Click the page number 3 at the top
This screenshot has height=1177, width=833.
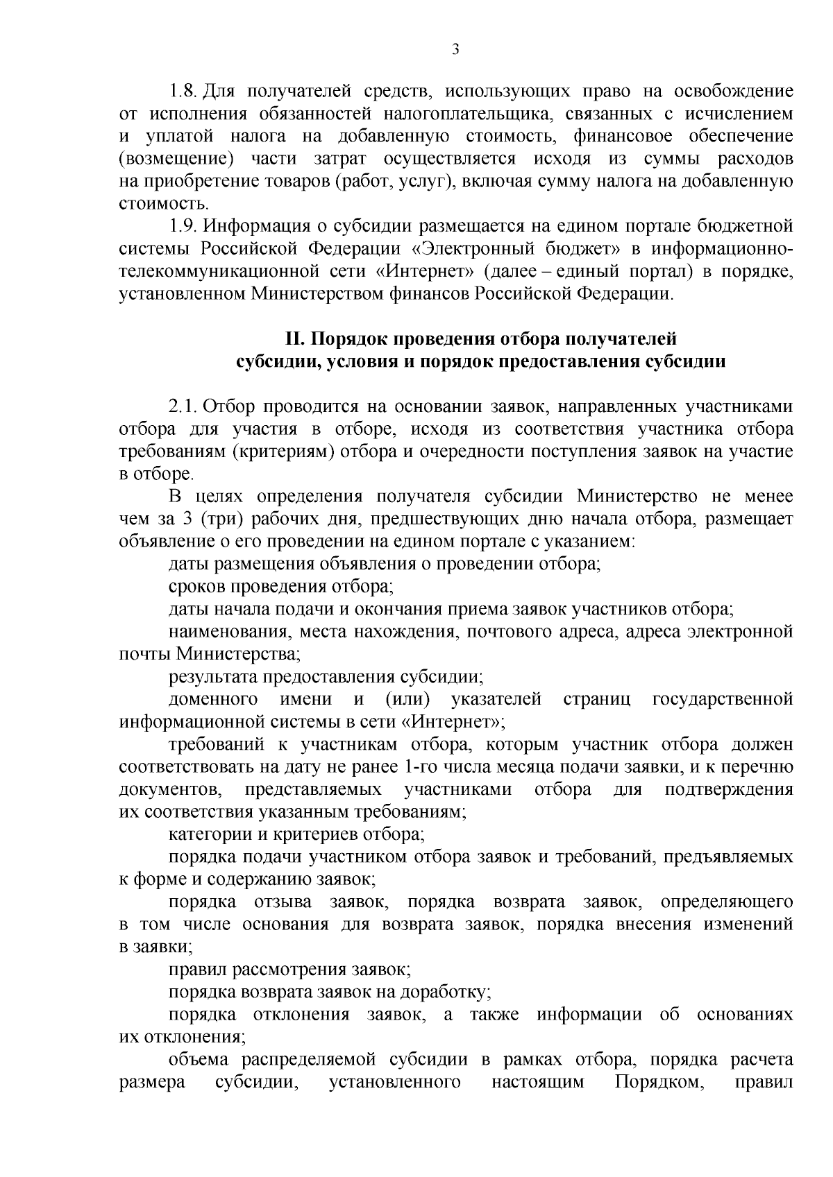[x=455, y=49]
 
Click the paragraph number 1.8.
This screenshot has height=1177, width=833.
[x=185, y=92]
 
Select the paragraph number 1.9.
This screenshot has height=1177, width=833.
[x=185, y=226]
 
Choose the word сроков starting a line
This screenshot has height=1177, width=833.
[x=193, y=587]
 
